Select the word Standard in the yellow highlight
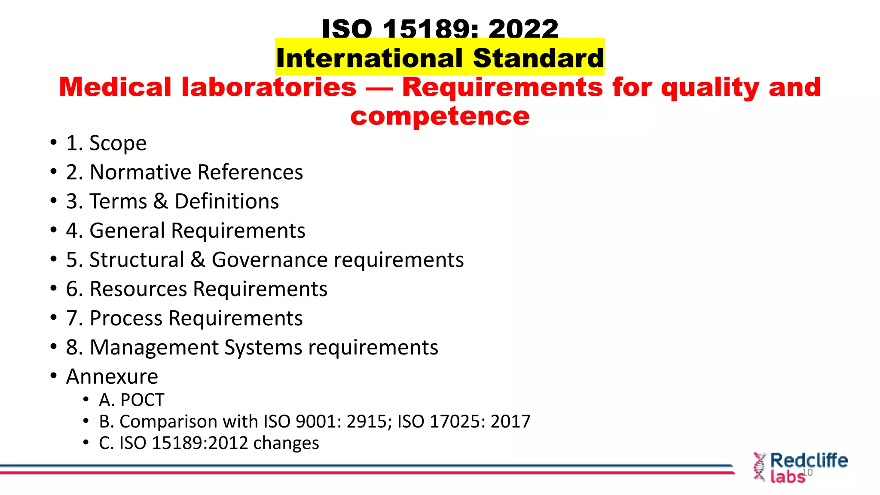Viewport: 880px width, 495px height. [x=538, y=58]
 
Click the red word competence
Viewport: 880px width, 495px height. [x=440, y=116]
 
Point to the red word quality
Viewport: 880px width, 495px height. [x=710, y=88]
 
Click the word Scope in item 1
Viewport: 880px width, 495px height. [x=118, y=143]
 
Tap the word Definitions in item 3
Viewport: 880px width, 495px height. [x=226, y=202]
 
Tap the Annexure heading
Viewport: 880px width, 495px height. [x=112, y=376]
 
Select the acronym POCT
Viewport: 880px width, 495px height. [x=142, y=400]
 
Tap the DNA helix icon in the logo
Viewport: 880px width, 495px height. [x=759, y=467]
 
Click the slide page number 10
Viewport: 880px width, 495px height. [x=807, y=473]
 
